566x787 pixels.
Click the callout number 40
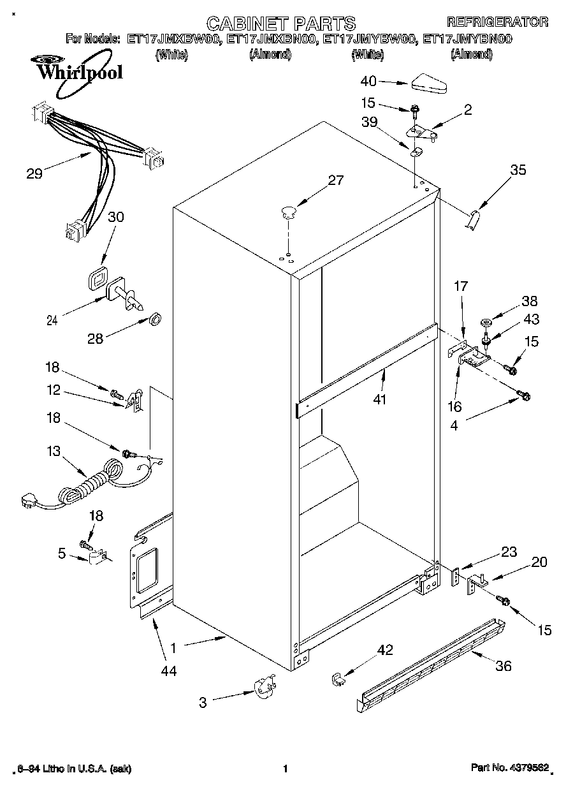[369, 81]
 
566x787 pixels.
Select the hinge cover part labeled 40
[431, 82]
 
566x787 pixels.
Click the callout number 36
[504, 666]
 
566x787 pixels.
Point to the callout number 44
[169, 670]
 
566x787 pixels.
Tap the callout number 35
[519, 170]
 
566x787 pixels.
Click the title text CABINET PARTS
[281, 24]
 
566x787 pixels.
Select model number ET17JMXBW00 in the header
[174, 40]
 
